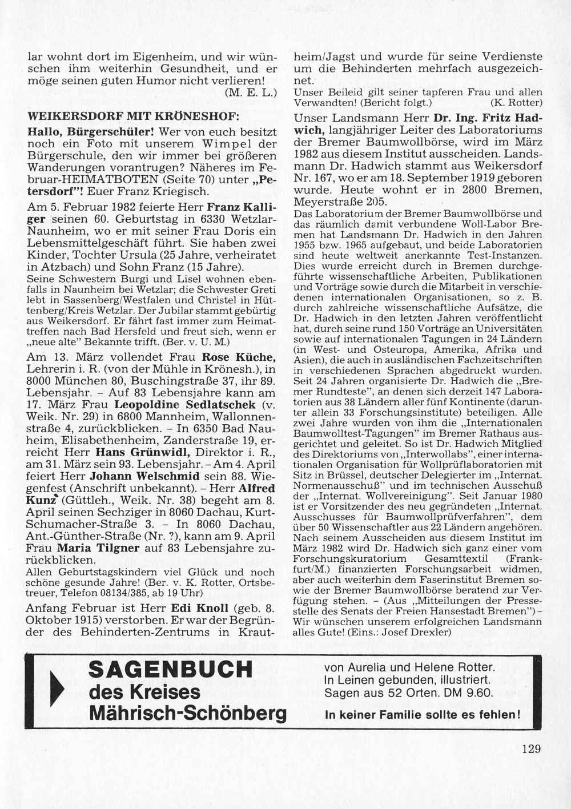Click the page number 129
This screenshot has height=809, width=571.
[530, 748]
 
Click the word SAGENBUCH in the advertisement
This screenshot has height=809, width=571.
[171, 669]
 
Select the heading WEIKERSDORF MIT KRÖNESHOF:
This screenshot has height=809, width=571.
[134, 115]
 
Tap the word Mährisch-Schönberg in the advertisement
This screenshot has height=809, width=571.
[188, 713]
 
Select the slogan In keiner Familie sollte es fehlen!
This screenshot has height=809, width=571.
[422, 714]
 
